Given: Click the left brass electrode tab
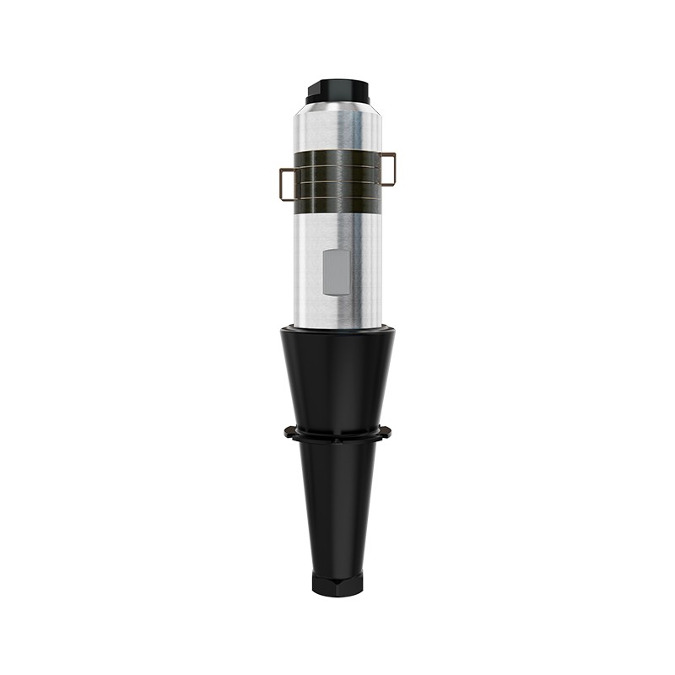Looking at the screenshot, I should pos(287,184).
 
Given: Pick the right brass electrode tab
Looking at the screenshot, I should pos(388,168).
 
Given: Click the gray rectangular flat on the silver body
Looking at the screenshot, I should pos(337,272).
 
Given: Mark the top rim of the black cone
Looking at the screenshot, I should pos(337,330).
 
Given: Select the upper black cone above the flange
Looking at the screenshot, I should pos(337,380).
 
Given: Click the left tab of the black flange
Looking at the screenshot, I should pos(290,433).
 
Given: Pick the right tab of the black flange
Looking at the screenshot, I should pos(386,433).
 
